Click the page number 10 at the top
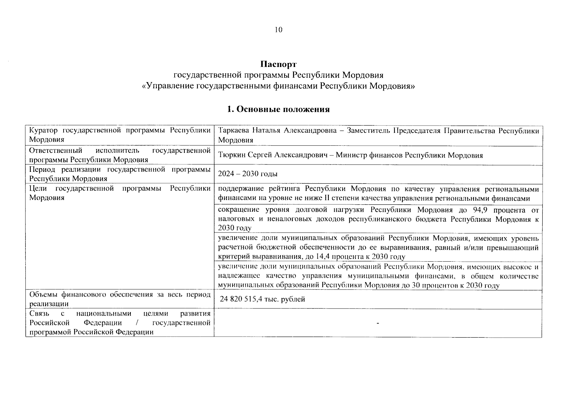pyautogui.click(x=278, y=30)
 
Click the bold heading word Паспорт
pyautogui.click(x=278, y=64)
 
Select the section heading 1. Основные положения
pyautogui.click(x=278, y=109)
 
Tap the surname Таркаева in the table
pyautogui.click(x=233, y=131)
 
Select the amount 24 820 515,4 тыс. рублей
pyautogui.click(x=262, y=299)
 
